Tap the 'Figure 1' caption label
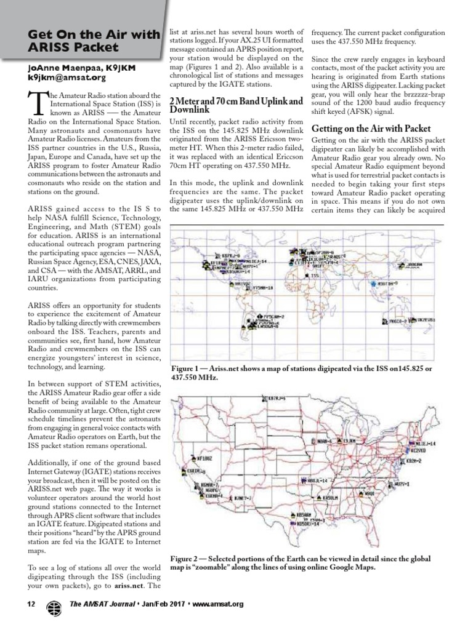pyautogui.click(x=192, y=368)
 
